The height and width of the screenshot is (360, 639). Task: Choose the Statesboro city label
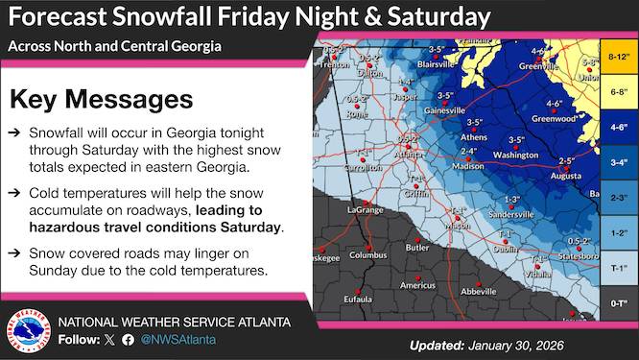coord(583,256)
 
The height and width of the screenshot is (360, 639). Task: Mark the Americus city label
coord(417,285)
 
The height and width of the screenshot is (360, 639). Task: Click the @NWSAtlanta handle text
coord(177,339)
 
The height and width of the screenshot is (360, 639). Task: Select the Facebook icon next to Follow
coord(128,339)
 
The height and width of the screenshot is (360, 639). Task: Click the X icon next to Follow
coord(108,339)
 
